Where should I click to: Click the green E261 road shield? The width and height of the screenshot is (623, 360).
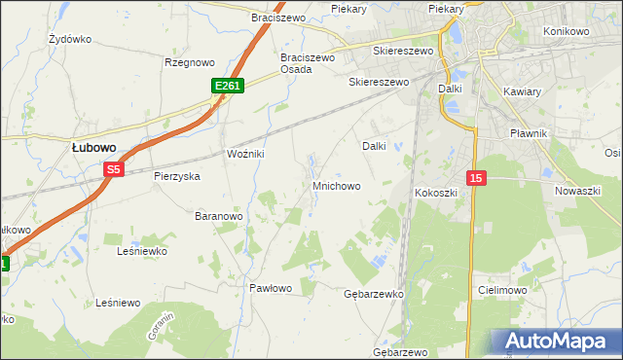tap(227, 87)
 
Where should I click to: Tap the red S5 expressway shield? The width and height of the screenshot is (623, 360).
tap(114, 169)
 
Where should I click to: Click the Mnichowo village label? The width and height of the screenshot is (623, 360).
tap(337, 185)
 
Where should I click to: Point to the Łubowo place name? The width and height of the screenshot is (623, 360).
tap(94, 147)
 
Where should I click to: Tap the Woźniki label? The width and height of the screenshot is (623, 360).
tap(245, 156)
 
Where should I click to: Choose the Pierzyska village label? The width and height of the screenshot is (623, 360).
tap(176, 177)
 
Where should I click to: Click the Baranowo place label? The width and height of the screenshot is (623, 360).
tap(218, 215)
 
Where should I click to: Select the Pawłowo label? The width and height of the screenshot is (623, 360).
tap(271, 288)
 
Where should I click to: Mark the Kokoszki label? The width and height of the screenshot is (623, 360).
tap(436, 193)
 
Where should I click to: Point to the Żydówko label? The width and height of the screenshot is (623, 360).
tap(70, 40)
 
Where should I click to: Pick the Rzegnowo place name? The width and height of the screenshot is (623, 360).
tap(189, 62)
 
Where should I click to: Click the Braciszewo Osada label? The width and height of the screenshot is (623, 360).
tap(308, 63)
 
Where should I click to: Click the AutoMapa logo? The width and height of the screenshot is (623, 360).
tap(559, 342)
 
